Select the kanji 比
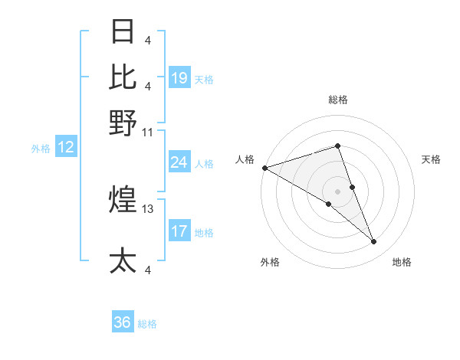pos(123,77)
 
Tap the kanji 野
pos(123,123)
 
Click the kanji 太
pos(123,260)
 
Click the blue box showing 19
pos(179,78)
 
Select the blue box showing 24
pos(179,162)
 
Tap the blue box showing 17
pos(179,231)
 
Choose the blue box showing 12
pos(66,148)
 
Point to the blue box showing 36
pos(123,322)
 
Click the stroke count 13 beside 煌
pos(148,208)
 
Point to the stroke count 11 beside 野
pos(148,132)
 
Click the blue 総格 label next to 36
pos(148,324)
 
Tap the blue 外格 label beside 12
pos(41,149)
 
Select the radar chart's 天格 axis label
pos(432,159)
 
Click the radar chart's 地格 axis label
pos(402,262)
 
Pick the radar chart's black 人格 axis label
pos(245,159)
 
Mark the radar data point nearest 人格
pos(264,168)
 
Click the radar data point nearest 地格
pos(374,242)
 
